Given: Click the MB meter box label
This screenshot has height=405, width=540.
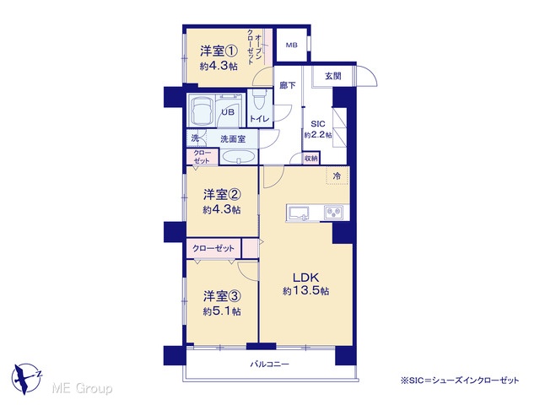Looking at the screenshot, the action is click(292, 45).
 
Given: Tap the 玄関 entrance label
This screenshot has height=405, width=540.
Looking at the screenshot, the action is click(333, 76).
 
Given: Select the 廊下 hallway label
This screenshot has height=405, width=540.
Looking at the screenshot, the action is click(288, 85).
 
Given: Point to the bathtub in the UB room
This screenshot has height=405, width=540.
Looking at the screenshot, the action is click(201, 111).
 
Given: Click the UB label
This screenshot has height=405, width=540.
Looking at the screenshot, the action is click(228, 112).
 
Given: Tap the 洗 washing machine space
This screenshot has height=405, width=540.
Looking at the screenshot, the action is click(195, 138).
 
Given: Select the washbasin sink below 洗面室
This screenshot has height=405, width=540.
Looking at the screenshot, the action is click(238, 158).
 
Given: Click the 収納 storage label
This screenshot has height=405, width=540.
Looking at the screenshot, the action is click(311, 159).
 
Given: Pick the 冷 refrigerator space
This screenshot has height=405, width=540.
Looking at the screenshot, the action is click(337, 176).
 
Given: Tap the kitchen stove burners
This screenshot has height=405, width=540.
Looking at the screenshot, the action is click(333, 212).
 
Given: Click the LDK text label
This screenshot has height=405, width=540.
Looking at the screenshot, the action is click(305, 278).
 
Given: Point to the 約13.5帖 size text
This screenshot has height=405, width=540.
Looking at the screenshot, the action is click(305, 291).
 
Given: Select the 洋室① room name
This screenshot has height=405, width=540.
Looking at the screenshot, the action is click(219, 51).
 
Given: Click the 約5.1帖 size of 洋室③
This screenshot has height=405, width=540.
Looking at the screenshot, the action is click(222, 311).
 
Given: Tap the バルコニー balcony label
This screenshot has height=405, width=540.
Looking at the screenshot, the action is click(270, 364).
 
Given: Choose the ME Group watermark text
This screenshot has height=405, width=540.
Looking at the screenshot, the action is click(82, 389).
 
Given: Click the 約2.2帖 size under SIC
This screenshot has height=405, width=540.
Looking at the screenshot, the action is click(318, 135).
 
